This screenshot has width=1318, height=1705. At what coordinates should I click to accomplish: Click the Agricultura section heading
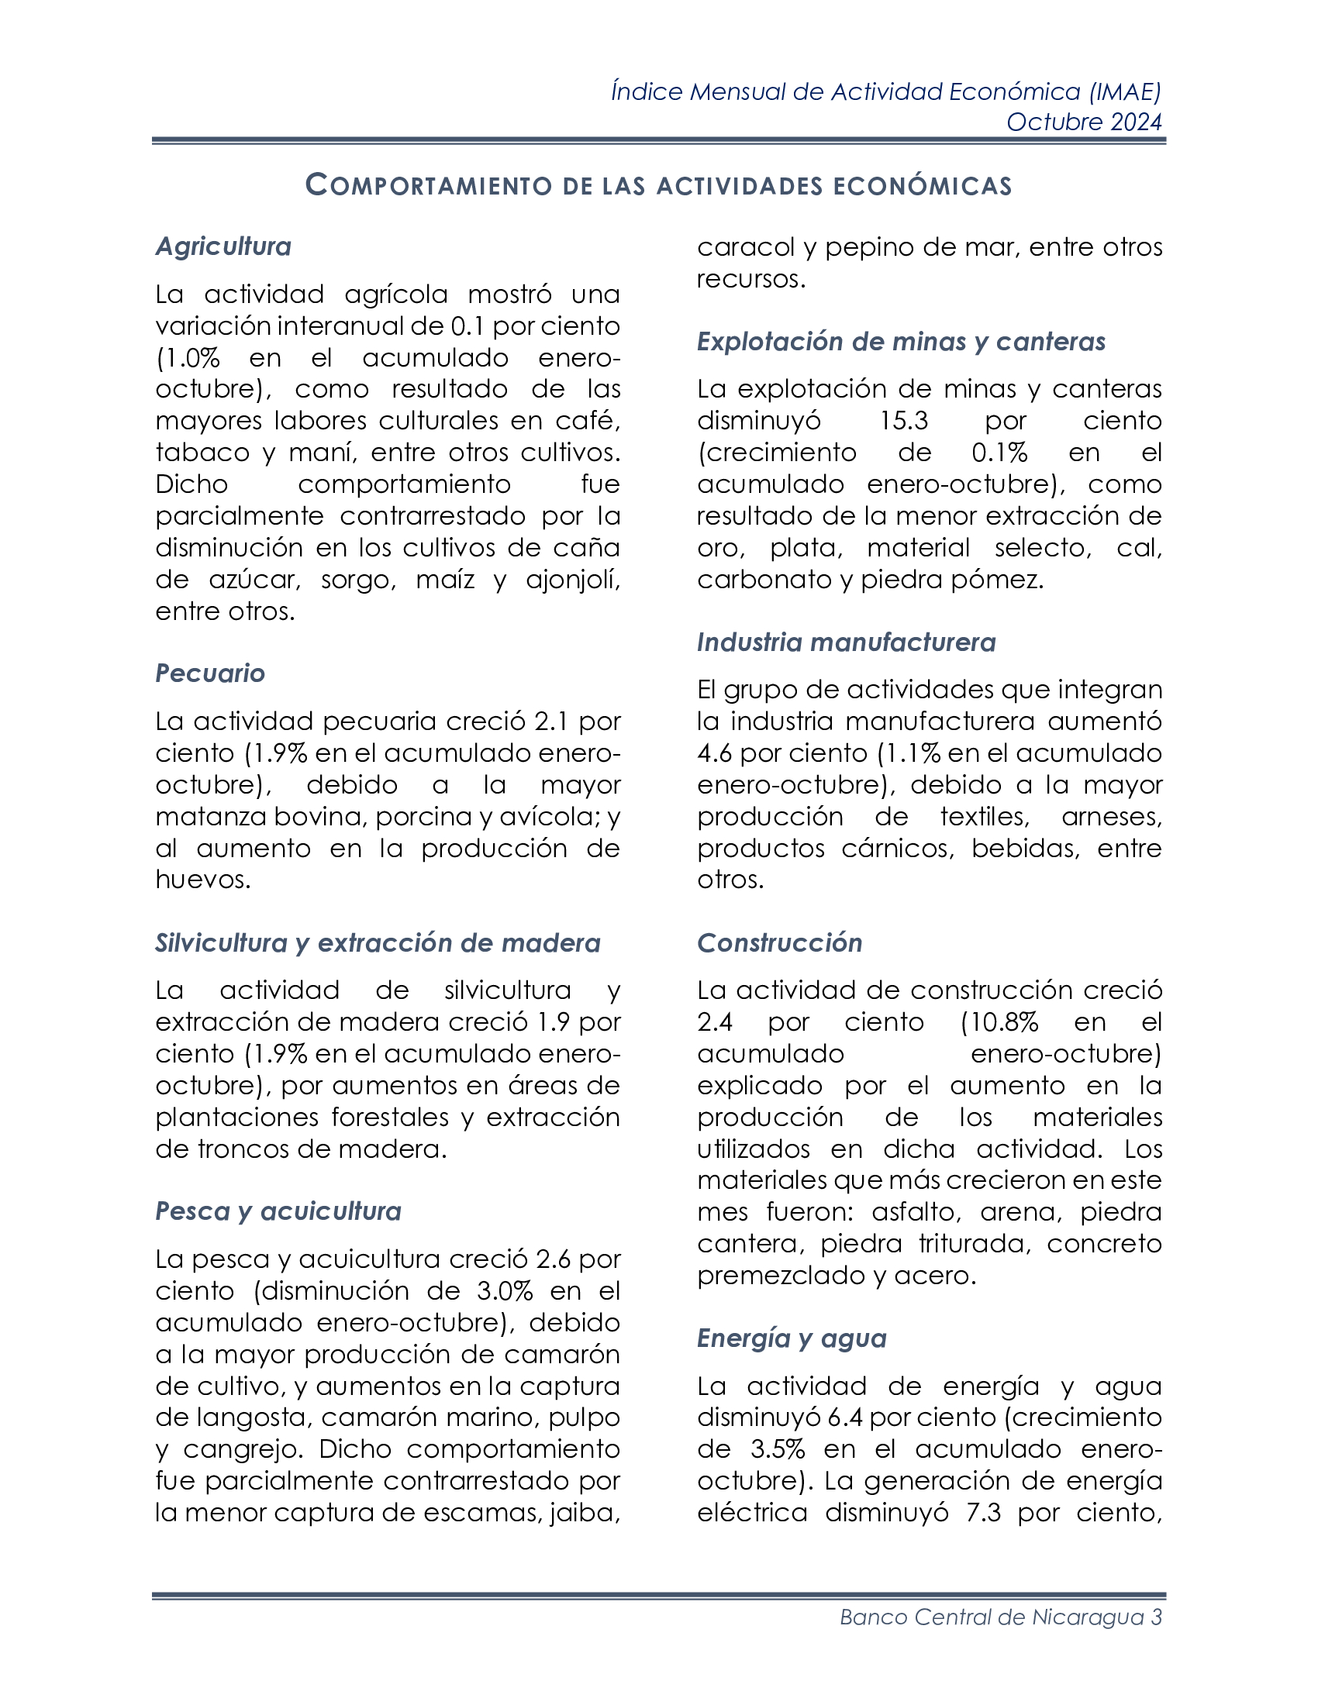(x=223, y=246)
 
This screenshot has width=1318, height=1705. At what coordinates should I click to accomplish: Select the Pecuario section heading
(x=210, y=673)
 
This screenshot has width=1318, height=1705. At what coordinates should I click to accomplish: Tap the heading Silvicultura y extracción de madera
(x=378, y=943)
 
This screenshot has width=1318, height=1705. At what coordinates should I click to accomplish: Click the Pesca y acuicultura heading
(x=278, y=1211)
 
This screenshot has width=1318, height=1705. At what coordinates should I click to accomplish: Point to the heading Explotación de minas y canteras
(x=901, y=342)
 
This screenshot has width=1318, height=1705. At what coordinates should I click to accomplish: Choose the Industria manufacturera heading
(x=847, y=642)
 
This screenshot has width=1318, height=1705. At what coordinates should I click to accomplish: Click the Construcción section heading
(x=779, y=943)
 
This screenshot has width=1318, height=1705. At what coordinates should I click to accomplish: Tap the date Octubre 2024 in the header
(x=1084, y=122)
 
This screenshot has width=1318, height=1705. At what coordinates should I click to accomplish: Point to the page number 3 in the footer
(x=1157, y=1617)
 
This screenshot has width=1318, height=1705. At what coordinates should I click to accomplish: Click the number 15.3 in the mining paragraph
(x=904, y=421)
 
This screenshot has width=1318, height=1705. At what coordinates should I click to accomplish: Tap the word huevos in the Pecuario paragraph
(x=203, y=880)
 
